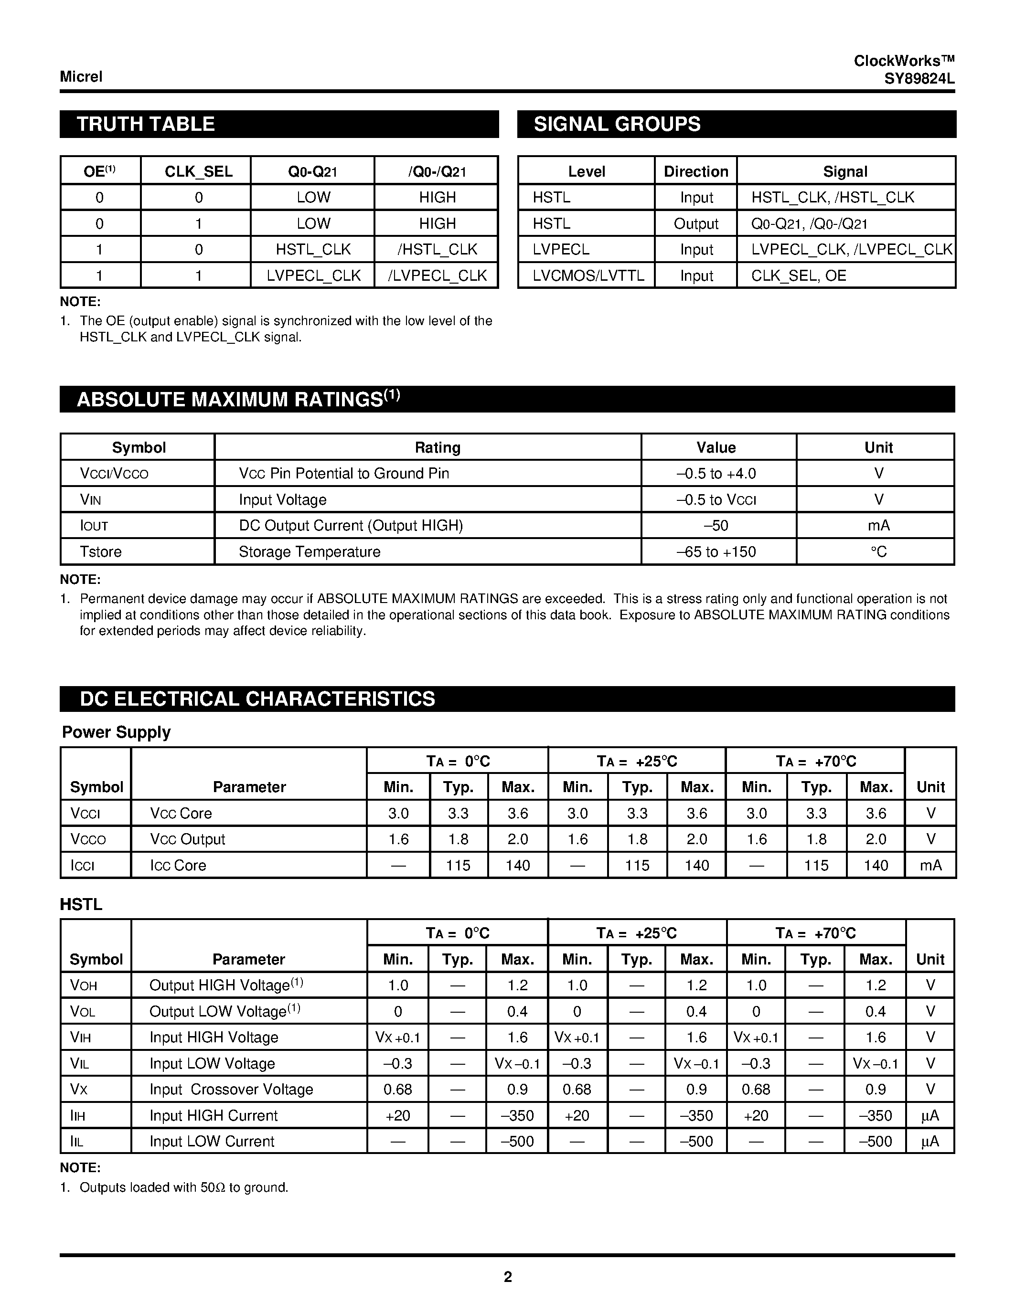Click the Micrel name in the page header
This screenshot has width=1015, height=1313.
(x=81, y=77)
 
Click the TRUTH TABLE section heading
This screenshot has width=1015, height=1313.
(x=146, y=125)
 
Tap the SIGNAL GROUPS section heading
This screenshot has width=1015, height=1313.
(x=617, y=125)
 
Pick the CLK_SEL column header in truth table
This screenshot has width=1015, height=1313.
(x=198, y=172)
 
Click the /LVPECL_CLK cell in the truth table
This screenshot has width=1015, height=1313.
(x=437, y=276)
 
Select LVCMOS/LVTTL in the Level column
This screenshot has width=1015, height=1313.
(x=588, y=276)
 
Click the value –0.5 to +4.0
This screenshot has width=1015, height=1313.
(x=716, y=474)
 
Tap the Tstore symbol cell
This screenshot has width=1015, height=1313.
(x=101, y=552)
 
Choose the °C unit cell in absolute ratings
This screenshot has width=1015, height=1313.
(x=878, y=552)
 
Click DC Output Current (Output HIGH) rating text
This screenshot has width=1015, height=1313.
(x=351, y=526)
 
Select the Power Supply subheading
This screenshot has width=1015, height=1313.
(x=117, y=732)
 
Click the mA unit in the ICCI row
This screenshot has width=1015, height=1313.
(x=930, y=866)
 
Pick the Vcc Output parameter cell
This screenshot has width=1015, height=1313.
(x=188, y=839)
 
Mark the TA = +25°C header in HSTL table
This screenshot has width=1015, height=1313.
(x=636, y=933)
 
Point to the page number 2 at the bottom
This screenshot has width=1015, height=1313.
(x=507, y=1277)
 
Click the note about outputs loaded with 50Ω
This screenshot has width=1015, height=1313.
(x=183, y=1188)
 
